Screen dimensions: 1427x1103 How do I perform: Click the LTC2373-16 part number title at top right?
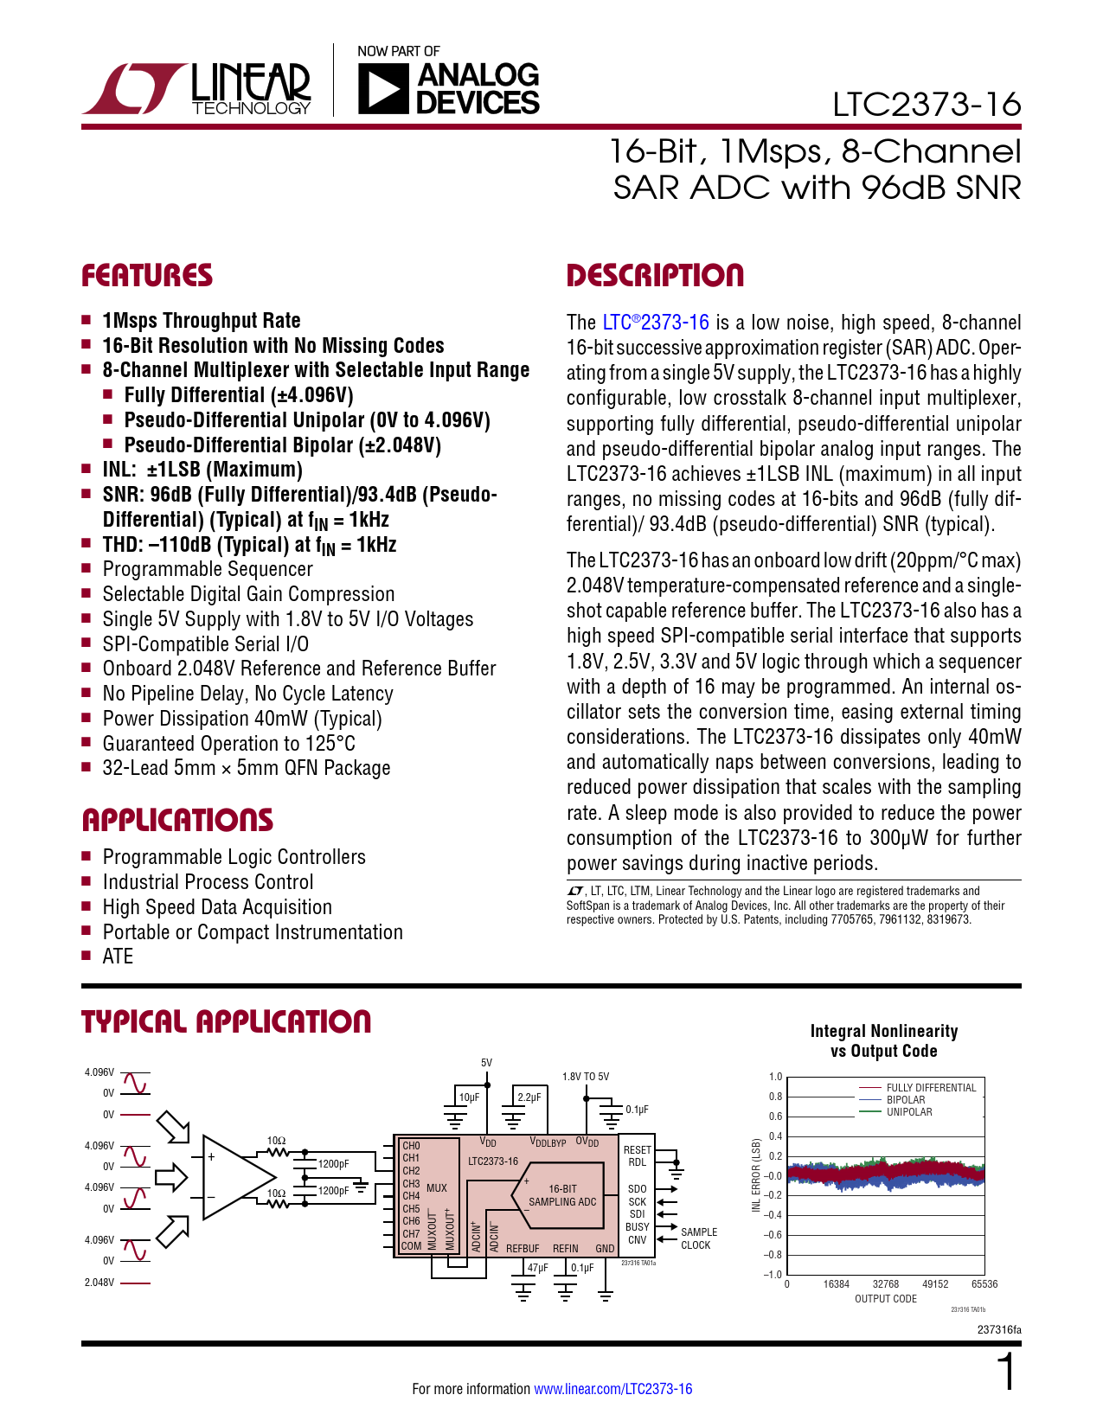pos(926,105)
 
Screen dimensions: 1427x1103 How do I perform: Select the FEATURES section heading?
pos(147,276)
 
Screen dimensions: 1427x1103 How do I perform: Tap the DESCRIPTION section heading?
pos(655,276)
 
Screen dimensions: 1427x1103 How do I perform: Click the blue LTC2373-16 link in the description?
pos(656,323)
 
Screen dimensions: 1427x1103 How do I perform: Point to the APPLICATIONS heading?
pos(177,820)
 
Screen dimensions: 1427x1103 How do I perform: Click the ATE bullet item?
pos(118,957)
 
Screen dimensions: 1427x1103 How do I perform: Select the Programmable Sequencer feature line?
pos(208,569)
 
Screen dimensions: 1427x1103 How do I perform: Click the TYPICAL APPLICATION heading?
pos(226,1021)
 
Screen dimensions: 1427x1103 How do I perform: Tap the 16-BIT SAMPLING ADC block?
pos(562,1195)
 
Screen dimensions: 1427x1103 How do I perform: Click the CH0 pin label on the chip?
pos(411,1146)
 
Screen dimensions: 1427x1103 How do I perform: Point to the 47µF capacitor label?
pos(537,1268)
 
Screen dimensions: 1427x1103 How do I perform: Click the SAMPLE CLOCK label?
pos(697,1238)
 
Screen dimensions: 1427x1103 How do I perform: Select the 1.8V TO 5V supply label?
pos(586,1077)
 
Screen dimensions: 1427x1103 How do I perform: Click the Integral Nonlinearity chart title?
pos(883,1040)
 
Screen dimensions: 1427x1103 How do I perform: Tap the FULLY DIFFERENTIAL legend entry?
pos(931,1088)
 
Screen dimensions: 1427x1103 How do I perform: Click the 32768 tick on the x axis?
pos(886,1284)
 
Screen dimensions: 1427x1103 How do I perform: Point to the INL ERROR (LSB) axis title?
pos(756,1175)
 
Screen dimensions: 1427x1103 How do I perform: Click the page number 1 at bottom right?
pos(1007,1373)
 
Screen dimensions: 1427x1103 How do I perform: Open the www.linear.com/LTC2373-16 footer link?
pos(612,1389)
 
